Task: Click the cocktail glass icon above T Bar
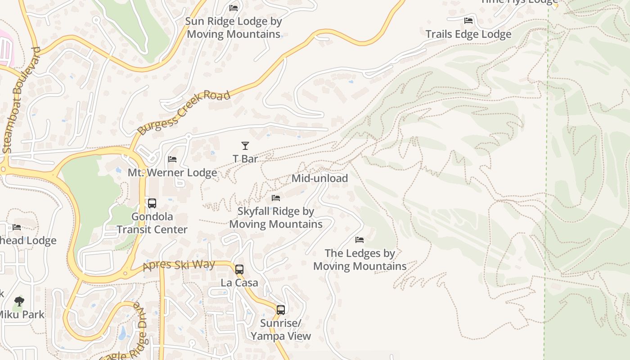coord(245,146)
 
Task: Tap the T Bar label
coord(245,159)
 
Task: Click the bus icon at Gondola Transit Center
coord(152,203)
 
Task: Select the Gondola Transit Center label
coord(152,223)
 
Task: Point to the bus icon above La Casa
coord(239,270)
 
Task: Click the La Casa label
coord(239,283)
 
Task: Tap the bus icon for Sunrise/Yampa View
coord(281,310)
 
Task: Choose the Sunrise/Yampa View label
coord(281,330)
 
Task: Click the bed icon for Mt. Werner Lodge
coord(172,159)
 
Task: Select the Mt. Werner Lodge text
coord(172,173)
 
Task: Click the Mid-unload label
coord(320,178)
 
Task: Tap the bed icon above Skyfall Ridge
coord(276,198)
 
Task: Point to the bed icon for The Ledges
coord(360,240)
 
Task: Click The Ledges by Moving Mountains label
coord(360,260)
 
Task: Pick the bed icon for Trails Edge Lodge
coord(468,21)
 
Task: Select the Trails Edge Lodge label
coord(468,34)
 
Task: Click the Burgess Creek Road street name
coord(184,112)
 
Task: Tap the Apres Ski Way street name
coord(179,265)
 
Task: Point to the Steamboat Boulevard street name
coord(21,100)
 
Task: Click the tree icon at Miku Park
coord(19,301)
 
